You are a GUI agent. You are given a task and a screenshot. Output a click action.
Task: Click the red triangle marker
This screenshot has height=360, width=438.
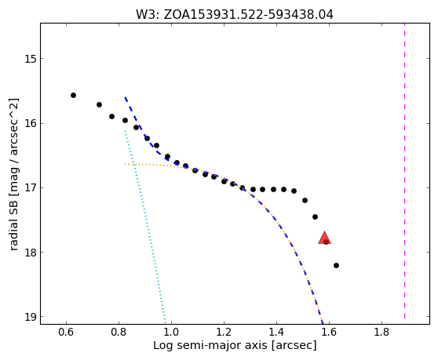pyautogui.click(x=325, y=238)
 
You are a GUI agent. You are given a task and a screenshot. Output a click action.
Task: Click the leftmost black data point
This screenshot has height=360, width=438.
pyautogui.click(x=73, y=96)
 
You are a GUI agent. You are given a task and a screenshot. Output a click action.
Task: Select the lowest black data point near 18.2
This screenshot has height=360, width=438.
pyautogui.click(x=336, y=265)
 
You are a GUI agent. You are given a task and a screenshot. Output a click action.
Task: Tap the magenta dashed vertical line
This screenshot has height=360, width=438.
pyautogui.click(x=404, y=173)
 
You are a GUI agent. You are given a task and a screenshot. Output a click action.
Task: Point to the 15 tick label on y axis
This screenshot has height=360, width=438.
pyautogui.click(x=31, y=59)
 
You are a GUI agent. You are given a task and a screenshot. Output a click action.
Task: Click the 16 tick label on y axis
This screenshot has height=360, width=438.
pyautogui.click(x=31, y=123)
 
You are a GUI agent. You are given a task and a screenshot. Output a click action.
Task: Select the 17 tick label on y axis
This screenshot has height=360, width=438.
pyautogui.click(x=31, y=187)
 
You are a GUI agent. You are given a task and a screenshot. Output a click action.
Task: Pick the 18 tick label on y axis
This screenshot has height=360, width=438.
pyautogui.click(x=31, y=253)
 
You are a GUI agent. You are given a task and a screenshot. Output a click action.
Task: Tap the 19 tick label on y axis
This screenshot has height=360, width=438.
pyautogui.click(x=31, y=317)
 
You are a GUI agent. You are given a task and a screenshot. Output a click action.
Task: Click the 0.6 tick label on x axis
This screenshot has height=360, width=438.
pyautogui.click(x=66, y=333)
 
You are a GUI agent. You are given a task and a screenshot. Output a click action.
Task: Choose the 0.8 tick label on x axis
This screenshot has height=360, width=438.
pyautogui.click(x=119, y=333)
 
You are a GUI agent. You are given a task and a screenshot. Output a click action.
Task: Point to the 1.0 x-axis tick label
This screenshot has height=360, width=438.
pyautogui.click(x=171, y=333)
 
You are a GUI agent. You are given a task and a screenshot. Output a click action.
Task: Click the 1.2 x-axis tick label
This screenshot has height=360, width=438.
pyautogui.click(x=224, y=333)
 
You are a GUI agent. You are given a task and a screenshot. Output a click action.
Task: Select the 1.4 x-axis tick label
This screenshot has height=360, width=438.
pyautogui.click(x=276, y=333)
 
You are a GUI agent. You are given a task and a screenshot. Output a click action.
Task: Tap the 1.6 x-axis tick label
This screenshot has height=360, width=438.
pyautogui.click(x=329, y=333)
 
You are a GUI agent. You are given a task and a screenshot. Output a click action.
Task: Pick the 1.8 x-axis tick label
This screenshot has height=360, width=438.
pyautogui.click(x=381, y=333)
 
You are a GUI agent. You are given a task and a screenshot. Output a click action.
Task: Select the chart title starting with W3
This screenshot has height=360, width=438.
pyautogui.click(x=235, y=15)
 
